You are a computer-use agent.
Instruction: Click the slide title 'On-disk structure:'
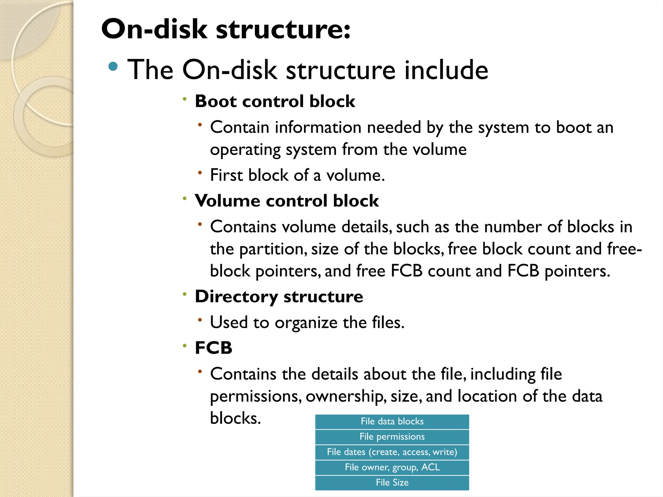pyautogui.click(x=226, y=29)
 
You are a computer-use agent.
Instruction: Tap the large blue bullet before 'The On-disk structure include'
pyautogui.click(x=113, y=66)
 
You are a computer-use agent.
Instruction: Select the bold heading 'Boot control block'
pyautogui.click(x=275, y=101)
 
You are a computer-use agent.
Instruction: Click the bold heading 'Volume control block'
pyautogui.click(x=287, y=201)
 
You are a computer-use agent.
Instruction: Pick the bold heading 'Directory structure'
pyautogui.click(x=279, y=296)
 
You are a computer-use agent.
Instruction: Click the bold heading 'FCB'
pyautogui.click(x=213, y=348)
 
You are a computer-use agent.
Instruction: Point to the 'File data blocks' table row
pyautogui.click(x=392, y=421)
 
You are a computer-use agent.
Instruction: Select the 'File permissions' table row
pyautogui.click(x=392, y=436)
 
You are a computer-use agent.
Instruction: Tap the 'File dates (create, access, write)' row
pyautogui.click(x=392, y=452)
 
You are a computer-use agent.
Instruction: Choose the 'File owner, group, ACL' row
pyautogui.click(x=392, y=467)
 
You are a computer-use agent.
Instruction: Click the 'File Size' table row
pyautogui.click(x=392, y=482)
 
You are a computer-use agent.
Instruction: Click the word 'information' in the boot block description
pyautogui.click(x=318, y=127)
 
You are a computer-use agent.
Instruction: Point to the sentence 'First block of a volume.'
pyautogui.click(x=297, y=175)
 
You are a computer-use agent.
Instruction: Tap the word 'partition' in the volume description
pyautogui.click(x=273, y=249)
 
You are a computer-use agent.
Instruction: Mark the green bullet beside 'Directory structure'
pyautogui.click(x=185, y=294)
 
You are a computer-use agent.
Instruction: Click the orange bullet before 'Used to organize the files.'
pyautogui.click(x=200, y=320)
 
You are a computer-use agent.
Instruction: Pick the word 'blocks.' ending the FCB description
pyautogui.click(x=235, y=418)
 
